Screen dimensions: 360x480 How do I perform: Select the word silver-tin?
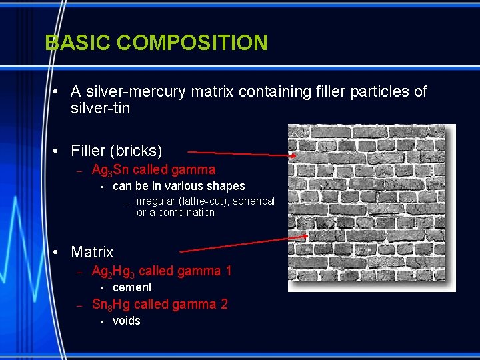pyautogui.click(x=100, y=108)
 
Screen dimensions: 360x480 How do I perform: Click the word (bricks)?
pyautogui.click(x=138, y=151)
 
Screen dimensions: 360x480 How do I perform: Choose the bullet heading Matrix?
pyautogui.click(x=92, y=252)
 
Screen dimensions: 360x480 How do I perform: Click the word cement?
pyautogui.click(x=132, y=287)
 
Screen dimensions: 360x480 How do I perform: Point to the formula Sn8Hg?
pyautogui.click(x=111, y=305)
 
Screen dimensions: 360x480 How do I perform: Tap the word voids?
pyautogui.click(x=127, y=321)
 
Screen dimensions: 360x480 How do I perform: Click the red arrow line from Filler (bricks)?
pyautogui.click(x=240, y=153)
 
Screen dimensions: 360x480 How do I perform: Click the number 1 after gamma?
pyautogui.click(x=228, y=271)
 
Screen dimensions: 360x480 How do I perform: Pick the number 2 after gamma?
pyautogui.click(x=224, y=304)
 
